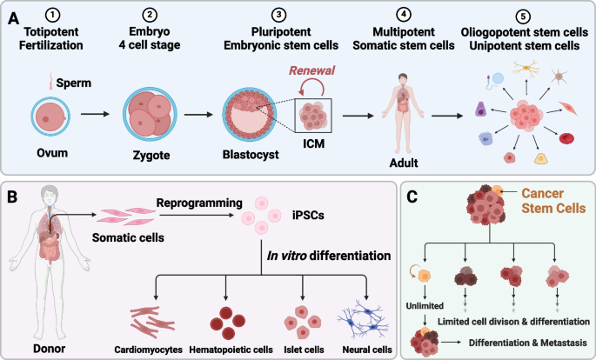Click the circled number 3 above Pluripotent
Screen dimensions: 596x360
pos(279,15)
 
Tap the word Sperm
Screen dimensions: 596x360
pos(74,83)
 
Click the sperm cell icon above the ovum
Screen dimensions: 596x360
pos(50,82)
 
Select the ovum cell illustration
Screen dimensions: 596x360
pos(50,117)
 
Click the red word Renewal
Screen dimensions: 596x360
pos(312,70)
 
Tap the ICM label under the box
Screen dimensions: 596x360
pos(313,143)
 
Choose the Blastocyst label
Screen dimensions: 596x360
pos(251,155)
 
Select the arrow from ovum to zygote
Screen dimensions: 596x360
pos(95,114)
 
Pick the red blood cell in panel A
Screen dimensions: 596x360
pos(566,138)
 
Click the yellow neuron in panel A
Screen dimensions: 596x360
pos(526,68)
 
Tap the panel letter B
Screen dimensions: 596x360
pos(12,197)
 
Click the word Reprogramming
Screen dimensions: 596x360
pos(199,203)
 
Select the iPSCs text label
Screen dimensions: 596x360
pos(308,216)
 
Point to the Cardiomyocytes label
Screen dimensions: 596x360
pos(148,350)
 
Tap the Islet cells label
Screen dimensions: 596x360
pos(304,350)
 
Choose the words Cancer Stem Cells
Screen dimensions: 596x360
pos(553,201)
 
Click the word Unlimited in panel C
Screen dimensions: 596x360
pos(425,306)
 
